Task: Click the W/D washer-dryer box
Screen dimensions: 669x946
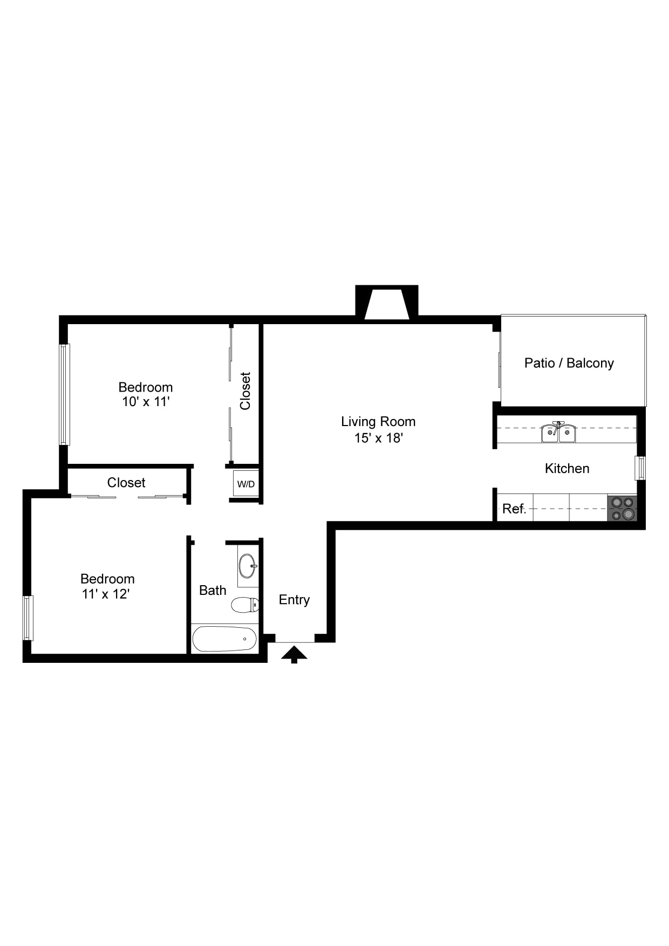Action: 246,484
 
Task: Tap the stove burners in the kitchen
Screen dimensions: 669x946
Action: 622,508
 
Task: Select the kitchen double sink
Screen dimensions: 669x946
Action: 558,433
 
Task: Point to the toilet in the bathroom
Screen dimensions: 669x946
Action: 245,605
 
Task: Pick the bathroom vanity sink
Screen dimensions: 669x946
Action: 248,566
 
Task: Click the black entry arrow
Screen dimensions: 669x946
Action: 294,654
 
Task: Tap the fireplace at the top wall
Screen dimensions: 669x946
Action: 386,303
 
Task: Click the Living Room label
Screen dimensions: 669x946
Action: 378,421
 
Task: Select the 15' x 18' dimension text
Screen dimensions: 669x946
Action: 379,438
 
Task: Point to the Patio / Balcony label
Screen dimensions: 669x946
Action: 569,363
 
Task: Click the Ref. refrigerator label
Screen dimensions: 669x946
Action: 514,509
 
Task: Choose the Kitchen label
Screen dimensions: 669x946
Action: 567,468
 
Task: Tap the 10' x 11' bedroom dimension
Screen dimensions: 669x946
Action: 146,401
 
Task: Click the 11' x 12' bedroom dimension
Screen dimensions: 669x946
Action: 106,594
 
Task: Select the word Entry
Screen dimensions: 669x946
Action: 294,600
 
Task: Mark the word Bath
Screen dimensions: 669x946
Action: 213,590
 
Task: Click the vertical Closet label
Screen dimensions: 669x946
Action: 245,391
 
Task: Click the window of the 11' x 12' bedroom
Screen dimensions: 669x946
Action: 28,618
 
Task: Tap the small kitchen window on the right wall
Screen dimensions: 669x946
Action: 640,468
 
